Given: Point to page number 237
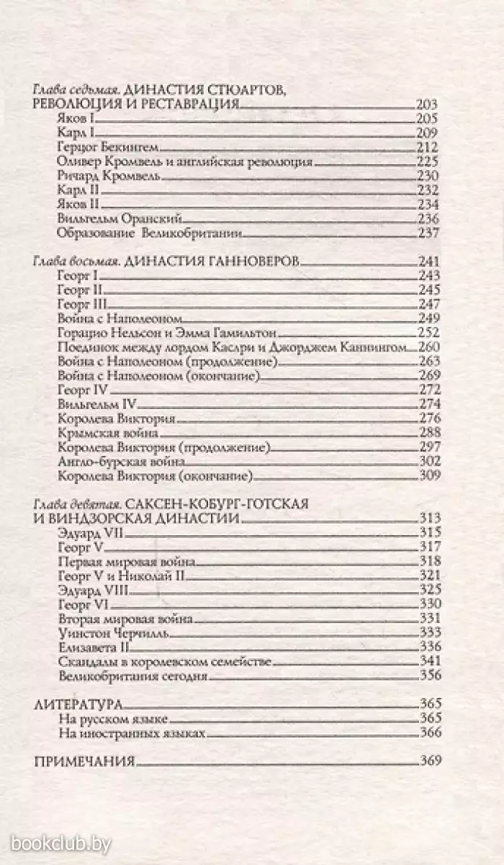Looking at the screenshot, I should (x=428, y=233).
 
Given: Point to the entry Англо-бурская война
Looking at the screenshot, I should (x=121, y=461).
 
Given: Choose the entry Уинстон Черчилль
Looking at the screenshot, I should (x=106, y=631).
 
